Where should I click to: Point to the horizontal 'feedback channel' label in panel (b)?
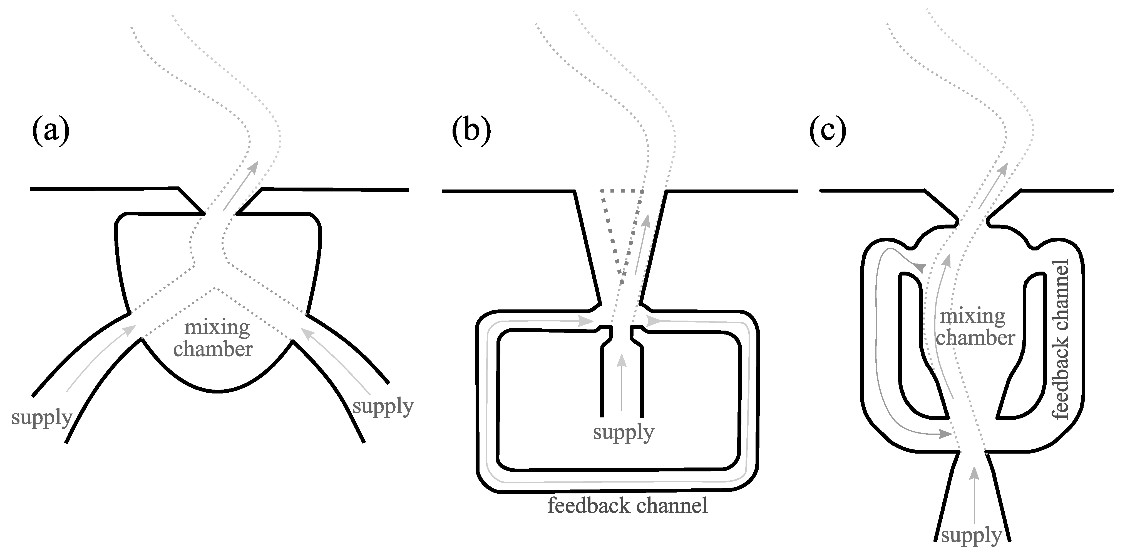(x=627, y=506)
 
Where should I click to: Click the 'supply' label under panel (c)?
(x=971, y=535)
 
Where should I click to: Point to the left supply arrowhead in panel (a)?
(x=130, y=330)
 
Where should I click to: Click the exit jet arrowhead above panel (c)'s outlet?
(x=1004, y=168)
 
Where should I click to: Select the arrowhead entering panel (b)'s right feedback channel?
(x=653, y=321)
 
